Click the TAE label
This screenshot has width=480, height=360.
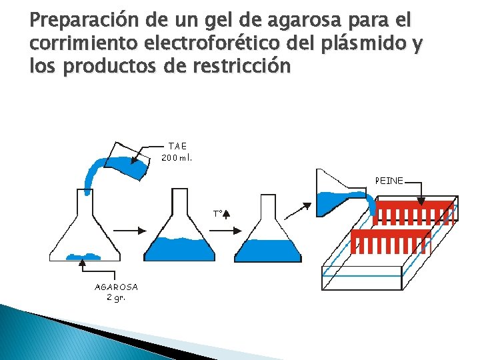click(x=177, y=146)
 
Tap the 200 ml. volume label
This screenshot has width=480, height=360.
click(x=177, y=159)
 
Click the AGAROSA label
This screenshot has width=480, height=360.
click(x=116, y=287)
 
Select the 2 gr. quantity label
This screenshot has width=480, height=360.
click(x=116, y=297)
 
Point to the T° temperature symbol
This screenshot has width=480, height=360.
click(x=217, y=213)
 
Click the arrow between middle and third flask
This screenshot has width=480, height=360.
click(x=229, y=229)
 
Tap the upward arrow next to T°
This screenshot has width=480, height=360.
click(x=226, y=213)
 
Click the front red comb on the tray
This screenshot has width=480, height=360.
click(x=390, y=241)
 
